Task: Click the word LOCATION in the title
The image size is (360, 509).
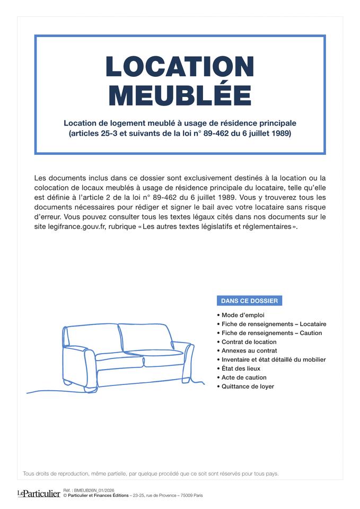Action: pos(180,67)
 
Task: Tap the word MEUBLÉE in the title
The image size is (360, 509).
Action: pos(180,95)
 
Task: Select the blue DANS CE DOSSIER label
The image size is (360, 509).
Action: pos(249,301)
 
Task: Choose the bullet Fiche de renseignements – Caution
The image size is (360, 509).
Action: pos(271,333)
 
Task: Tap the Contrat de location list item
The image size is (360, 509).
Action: pos(249,342)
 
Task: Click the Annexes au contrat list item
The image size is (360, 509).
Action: pos(249,350)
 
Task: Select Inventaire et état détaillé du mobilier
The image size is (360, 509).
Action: pos(274,359)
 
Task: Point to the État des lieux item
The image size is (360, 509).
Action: pos(241,368)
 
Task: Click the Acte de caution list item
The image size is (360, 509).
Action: pos(244,378)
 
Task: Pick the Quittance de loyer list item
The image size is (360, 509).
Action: pos(248,387)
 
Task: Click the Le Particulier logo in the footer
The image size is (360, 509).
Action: pos(38,494)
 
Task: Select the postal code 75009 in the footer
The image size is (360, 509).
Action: pos(187,496)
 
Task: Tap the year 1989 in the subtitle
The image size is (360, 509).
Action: pos(279,134)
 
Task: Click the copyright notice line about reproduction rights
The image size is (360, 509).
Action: pos(151,473)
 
